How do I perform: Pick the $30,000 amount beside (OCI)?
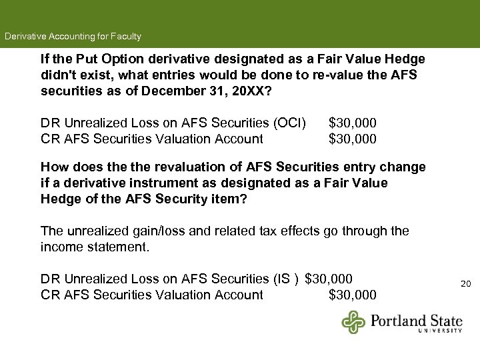click(353, 123)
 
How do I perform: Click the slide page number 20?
click(466, 284)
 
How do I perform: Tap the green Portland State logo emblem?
click(354, 321)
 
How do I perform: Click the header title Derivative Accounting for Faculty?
click(73, 36)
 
